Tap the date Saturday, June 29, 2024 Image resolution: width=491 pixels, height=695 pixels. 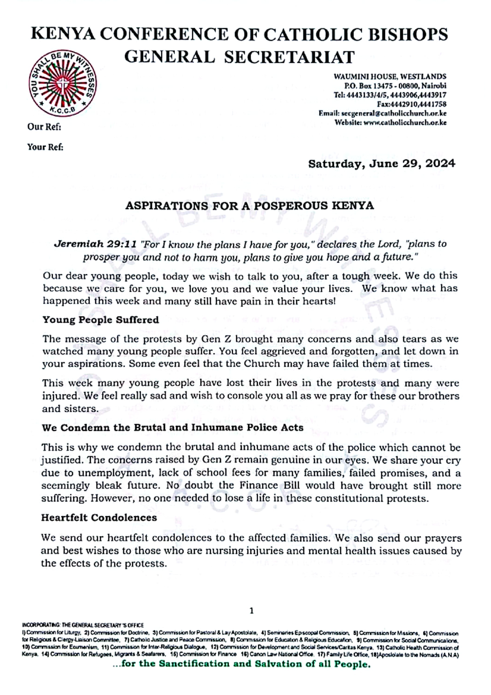381,164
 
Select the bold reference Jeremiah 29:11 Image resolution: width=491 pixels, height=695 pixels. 95,244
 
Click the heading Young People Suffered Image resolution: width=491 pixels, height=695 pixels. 100,319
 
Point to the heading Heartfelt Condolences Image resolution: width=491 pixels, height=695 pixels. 99,517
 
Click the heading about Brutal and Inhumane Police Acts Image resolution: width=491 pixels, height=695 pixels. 172,428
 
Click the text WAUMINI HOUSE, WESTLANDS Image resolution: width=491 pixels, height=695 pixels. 390,77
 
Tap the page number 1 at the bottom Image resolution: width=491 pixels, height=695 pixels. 251,611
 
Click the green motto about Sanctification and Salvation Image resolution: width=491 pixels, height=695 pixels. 241,664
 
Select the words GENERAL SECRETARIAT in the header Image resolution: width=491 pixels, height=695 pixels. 239,57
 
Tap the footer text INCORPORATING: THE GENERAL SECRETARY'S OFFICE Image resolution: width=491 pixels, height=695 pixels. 83,625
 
